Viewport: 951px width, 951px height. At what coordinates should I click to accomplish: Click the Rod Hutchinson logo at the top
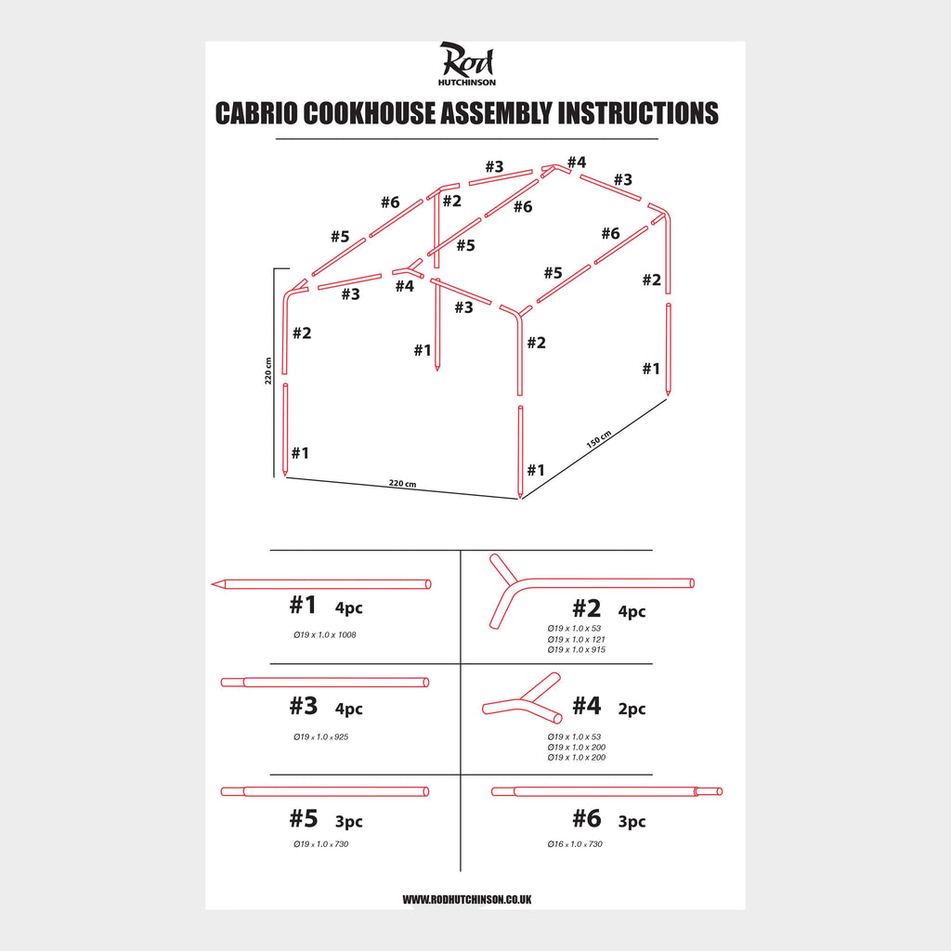[x=466, y=64]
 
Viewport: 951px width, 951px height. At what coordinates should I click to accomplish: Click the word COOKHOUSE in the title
[x=369, y=113]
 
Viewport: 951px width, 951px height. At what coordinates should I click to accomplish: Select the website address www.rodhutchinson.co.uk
[x=466, y=899]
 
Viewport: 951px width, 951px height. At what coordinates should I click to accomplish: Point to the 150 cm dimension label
[x=599, y=439]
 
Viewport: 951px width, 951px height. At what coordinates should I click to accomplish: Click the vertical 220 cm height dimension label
[x=268, y=371]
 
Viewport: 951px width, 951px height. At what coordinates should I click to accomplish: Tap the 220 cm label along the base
[x=402, y=483]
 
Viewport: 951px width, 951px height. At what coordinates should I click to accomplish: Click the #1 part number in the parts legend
[x=303, y=605]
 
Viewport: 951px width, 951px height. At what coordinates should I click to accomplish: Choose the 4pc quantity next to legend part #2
[x=632, y=611]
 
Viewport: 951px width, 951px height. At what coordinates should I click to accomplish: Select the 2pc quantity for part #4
[x=632, y=709]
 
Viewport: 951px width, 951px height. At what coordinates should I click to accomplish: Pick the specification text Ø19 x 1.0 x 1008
[x=324, y=635]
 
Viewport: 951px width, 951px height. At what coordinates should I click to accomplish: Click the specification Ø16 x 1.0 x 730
[x=575, y=843]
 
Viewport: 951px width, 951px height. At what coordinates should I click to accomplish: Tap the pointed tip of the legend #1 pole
[x=213, y=584]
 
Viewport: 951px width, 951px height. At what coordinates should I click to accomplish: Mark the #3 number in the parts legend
[x=304, y=706]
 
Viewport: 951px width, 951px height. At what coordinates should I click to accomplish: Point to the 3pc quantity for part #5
[x=349, y=821]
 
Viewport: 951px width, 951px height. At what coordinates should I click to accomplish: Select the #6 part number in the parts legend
[x=587, y=819]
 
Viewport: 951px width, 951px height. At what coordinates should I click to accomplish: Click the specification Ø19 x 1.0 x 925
[x=320, y=736]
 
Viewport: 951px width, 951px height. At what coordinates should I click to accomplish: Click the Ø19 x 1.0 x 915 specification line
[x=576, y=649]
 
